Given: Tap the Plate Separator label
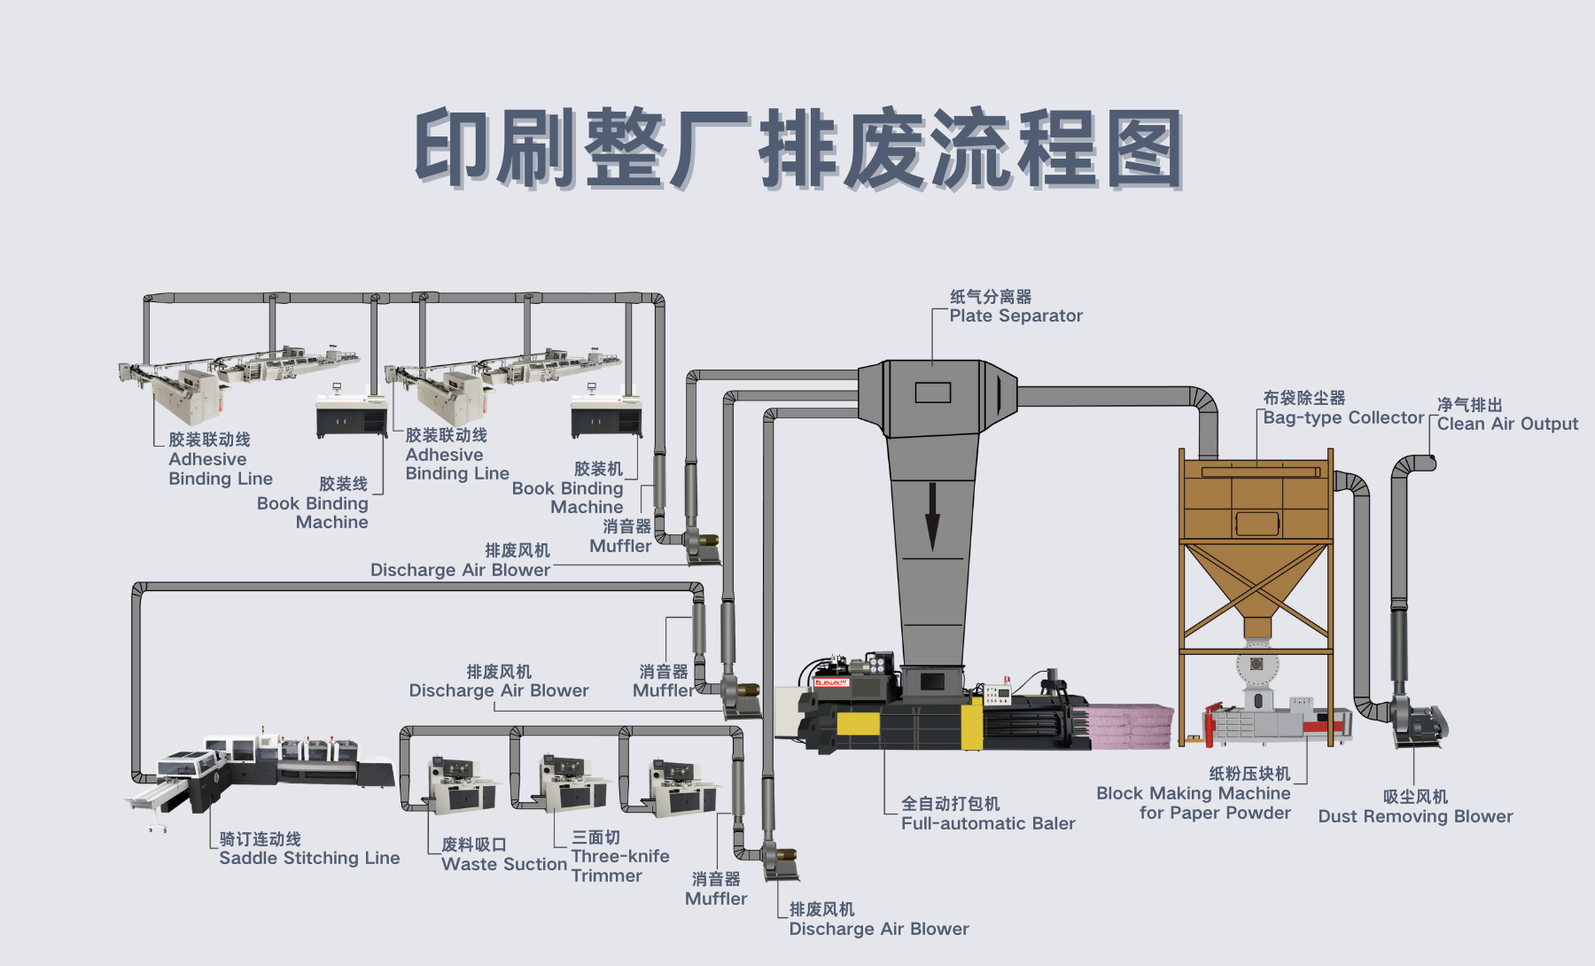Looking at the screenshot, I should (x=1015, y=307).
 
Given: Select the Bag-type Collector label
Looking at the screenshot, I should (x=1342, y=409).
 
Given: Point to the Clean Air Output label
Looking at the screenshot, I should (x=1506, y=415).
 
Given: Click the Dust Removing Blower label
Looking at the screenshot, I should (x=1415, y=807).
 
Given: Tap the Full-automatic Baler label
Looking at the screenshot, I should (x=987, y=814).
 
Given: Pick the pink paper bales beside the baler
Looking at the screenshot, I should (x=1131, y=727).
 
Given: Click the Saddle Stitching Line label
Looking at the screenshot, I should (x=308, y=849).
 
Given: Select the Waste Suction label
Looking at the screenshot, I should (x=503, y=855).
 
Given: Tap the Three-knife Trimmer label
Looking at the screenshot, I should (x=619, y=857).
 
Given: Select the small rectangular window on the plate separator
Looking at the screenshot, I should (x=932, y=392).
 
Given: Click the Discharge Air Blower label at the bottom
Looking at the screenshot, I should (x=878, y=920).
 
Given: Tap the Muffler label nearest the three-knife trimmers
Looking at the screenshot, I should (x=716, y=889).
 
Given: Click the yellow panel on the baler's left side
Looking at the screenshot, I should (x=858, y=725).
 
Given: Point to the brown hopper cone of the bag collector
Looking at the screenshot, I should (x=1256, y=580).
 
